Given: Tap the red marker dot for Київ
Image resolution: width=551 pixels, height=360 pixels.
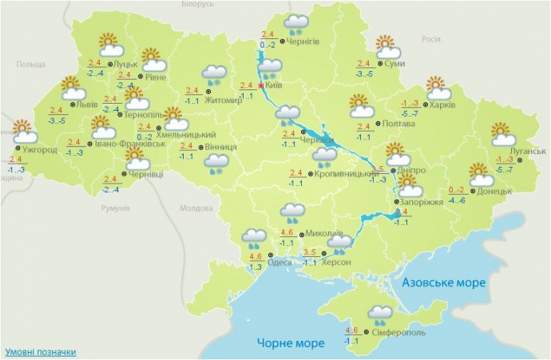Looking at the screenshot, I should click(x=260, y=85).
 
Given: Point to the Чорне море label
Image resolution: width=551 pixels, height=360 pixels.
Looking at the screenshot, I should click(x=291, y=343).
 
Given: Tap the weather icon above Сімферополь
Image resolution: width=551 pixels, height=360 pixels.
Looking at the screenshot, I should click(x=380, y=314).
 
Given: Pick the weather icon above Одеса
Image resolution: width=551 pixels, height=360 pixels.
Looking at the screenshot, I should click(x=255, y=237).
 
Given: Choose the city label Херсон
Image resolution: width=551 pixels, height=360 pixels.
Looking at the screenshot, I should click(x=337, y=263).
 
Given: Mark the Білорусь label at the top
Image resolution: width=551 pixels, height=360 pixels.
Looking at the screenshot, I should click(x=197, y=5).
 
